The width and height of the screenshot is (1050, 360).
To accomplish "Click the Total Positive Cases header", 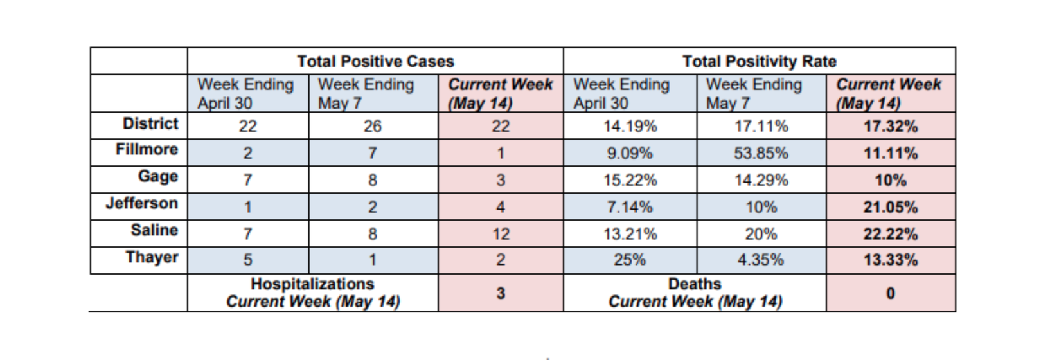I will coord(375,61).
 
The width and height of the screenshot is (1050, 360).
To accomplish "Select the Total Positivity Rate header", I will coord(759,61).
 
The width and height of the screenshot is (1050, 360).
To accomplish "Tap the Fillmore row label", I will coord(147,150).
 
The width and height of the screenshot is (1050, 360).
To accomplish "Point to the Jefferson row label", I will coord(141,204).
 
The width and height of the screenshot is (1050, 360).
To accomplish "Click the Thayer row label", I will coord(152,257).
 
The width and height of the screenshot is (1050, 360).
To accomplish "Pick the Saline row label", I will coord(154,230).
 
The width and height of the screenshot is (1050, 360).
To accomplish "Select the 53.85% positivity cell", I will coord(761,154).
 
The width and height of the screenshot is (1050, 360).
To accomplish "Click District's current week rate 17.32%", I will coord(890,127).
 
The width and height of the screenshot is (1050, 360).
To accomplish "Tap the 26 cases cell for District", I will coord(373,127).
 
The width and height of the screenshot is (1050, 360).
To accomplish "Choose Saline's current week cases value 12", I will coord(501,234).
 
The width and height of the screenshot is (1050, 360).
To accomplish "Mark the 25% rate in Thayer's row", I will coord(629,260).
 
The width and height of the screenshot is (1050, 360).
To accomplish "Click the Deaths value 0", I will coord(890,294).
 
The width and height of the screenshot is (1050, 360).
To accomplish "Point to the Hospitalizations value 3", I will coord(501,294).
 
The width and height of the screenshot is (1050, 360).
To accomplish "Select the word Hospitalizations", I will coord(312,284).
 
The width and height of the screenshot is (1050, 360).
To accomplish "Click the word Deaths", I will coord(695,284).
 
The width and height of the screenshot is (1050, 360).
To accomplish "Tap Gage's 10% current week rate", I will coord(890,181).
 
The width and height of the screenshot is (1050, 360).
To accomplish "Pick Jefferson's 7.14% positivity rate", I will coord(629,207).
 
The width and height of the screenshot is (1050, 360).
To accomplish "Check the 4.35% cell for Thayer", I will coord(761,260).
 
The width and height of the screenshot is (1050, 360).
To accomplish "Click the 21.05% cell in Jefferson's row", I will coord(890,208).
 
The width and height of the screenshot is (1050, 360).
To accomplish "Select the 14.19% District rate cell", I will coord(630,127).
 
